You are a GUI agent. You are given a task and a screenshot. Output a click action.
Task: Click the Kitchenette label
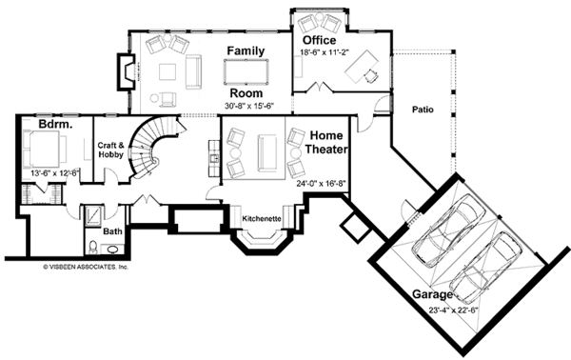pyautogui.click(x=261, y=219)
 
